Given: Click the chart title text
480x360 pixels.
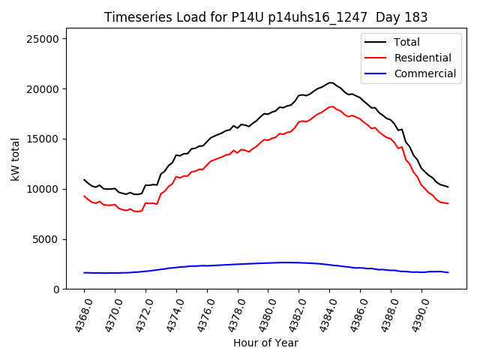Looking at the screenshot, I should pyautogui.click(x=265, y=17).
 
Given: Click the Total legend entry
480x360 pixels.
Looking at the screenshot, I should pyautogui.click(x=406, y=42).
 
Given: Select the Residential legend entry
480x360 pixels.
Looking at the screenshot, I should pyautogui.click(x=422, y=58).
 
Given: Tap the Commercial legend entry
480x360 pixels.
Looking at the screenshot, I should pyautogui.click(x=424, y=73).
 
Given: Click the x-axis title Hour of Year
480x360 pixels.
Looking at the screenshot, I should pyautogui.click(x=265, y=343).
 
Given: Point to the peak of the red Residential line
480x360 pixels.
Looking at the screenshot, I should pyautogui.click(x=331, y=106).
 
